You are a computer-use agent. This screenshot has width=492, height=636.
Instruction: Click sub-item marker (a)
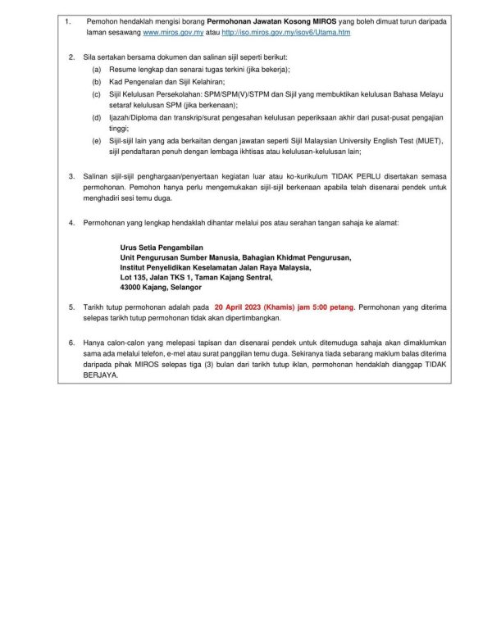pos(96,71)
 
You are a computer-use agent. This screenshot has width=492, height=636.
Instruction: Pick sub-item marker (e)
pos(96,140)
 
